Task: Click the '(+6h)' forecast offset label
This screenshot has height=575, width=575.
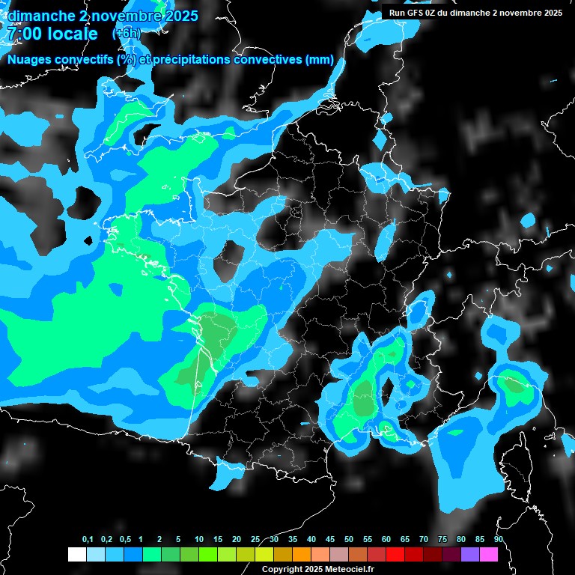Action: [x=126, y=34]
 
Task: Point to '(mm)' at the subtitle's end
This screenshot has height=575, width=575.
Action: [x=320, y=60]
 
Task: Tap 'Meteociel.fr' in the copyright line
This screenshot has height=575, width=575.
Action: [x=347, y=570]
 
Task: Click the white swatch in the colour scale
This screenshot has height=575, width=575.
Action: [x=76, y=554]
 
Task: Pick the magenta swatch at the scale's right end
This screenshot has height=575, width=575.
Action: [x=489, y=554]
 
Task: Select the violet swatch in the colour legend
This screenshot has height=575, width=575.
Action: [x=470, y=554]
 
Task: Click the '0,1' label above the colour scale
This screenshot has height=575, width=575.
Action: [x=88, y=540]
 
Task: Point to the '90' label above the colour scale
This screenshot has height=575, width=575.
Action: [x=498, y=540]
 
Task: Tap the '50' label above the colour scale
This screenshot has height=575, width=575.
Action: [x=349, y=540]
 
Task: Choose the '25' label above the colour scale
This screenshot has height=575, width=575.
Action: [x=255, y=540]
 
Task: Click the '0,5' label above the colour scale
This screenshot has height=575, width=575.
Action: [x=125, y=540]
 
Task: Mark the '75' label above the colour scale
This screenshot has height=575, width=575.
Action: [x=442, y=540]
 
